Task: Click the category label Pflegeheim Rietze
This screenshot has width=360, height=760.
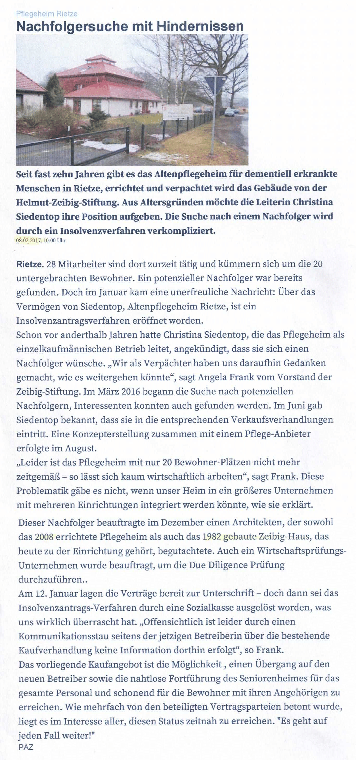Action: [47, 14]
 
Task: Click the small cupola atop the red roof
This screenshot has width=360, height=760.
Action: [100, 60]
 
